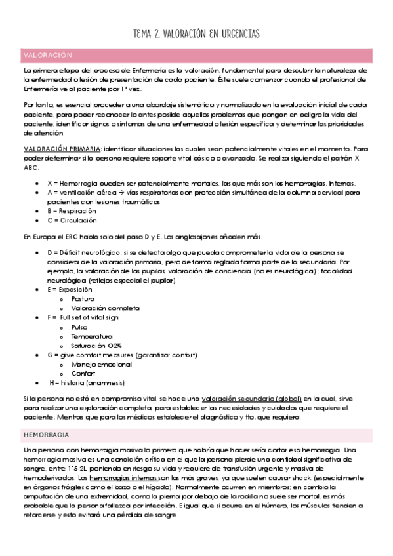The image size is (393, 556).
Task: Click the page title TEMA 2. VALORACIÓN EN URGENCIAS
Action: coord(196,33)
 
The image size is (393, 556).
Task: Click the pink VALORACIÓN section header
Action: coord(48,54)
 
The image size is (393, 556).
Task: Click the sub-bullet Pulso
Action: coord(79,327)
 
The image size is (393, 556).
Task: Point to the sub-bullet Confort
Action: coord(83,373)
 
